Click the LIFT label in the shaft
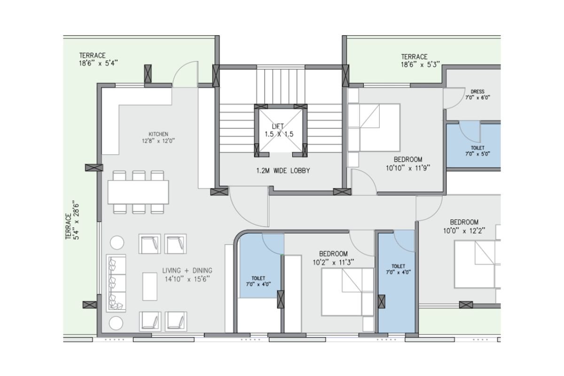pyautogui.click(x=278, y=126)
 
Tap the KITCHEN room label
pyautogui.click(x=158, y=134)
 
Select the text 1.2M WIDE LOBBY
pyautogui.click(x=283, y=171)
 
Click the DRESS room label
pyautogui.click(x=478, y=92)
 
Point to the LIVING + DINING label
pyautogui.click(x=188, y=270)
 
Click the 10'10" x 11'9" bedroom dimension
pyautogui.click(x=408, y=168)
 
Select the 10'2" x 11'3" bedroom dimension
pyautogui.click(x=333, y=262)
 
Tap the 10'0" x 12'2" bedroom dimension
pyautogui.click(x=464, y=231)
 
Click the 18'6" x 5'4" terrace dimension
pyautogui.click(x=98, y=63)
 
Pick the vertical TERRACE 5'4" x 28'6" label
pyautogui.click(x=72, y=220)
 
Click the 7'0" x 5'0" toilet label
pyautogui.click(x=478, y=154)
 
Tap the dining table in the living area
pyautogui.click(x=138, y=192)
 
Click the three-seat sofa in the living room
pyautogui.click(x=116, y=283)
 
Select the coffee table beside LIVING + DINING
pyautogui.click(x=150, y=286)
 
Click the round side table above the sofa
pyautogui.click(x=117, y=243)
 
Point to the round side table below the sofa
pyautogui.click(x=117, y=323)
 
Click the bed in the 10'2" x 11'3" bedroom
pyautogui.click(x=347, y=292)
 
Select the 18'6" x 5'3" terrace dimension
pyautogui.click(x=421, y=64)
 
